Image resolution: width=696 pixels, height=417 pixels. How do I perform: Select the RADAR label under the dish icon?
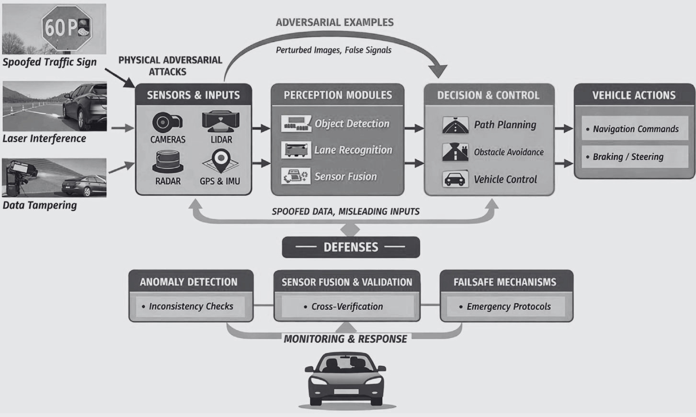coord(168,181)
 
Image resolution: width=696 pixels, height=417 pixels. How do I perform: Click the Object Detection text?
coord(352,124)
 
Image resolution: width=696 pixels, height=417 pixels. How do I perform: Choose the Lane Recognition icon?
coord(296,150)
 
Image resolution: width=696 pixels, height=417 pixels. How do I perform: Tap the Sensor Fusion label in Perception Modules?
coord(346,177)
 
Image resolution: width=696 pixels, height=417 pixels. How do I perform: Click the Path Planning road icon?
coord(455,125)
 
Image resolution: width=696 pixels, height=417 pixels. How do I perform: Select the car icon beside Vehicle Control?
coord(455,180)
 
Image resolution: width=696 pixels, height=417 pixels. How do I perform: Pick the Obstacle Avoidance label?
coord(509,152)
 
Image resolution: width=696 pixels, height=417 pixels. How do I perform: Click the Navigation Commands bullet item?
coord(635,129)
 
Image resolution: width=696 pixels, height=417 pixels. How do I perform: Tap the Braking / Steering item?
coord(628,157)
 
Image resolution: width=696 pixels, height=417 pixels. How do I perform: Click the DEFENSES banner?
coord(351,247)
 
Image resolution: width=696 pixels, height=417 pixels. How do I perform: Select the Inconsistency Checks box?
coord(191,306)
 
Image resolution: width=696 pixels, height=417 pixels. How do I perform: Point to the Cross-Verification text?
coord(347,306)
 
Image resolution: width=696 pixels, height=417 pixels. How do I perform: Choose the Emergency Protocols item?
coord(508,306)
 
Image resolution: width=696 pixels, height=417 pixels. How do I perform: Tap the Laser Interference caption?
coord(45,139)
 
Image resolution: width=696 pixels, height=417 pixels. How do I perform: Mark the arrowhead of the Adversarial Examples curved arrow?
coord(438,72)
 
